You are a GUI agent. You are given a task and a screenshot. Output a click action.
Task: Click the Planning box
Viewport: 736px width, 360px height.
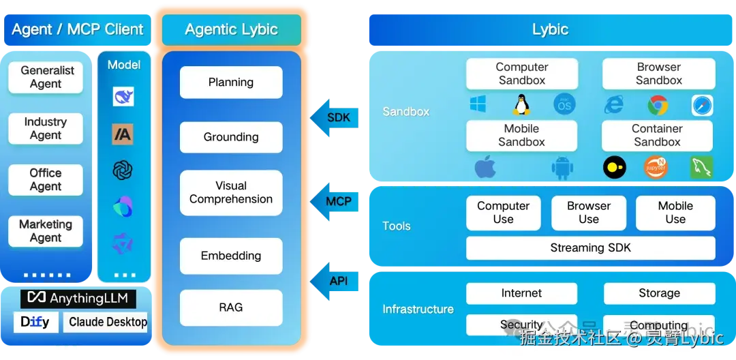(231, 82)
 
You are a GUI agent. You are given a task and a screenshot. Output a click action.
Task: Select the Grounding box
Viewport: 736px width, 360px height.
(231, 137)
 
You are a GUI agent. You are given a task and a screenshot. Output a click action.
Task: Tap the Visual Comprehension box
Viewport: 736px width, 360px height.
(231, 192)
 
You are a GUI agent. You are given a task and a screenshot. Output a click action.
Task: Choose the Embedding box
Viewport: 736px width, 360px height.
(231, 256)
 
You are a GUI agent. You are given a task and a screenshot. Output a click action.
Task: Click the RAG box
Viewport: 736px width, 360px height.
(231, 307)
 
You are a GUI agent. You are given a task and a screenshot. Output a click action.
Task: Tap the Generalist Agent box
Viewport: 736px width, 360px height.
(46, 77)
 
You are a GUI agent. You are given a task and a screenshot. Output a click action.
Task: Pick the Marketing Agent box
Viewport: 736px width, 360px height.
(46, 231)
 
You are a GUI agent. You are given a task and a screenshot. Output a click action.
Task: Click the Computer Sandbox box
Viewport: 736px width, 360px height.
(521, 74)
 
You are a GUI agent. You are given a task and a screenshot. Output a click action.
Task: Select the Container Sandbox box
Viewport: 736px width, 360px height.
(658, 135)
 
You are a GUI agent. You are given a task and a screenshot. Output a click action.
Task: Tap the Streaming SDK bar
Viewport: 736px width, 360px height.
(590, 248)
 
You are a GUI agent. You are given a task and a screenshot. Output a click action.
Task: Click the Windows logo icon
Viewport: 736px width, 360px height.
(478, 104)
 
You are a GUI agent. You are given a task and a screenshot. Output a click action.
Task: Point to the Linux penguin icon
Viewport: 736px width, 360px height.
(521, 104)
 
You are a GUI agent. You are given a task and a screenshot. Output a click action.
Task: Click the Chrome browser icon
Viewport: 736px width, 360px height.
(658, 105)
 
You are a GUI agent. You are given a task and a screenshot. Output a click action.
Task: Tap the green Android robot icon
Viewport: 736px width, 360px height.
(562, 167)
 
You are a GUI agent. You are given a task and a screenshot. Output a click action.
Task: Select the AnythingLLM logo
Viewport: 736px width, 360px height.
(79, 299)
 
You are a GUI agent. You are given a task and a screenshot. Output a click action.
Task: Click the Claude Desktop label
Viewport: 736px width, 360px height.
(107, 322)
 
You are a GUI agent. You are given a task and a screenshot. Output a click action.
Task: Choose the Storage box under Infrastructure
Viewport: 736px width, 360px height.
(659, 293)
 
